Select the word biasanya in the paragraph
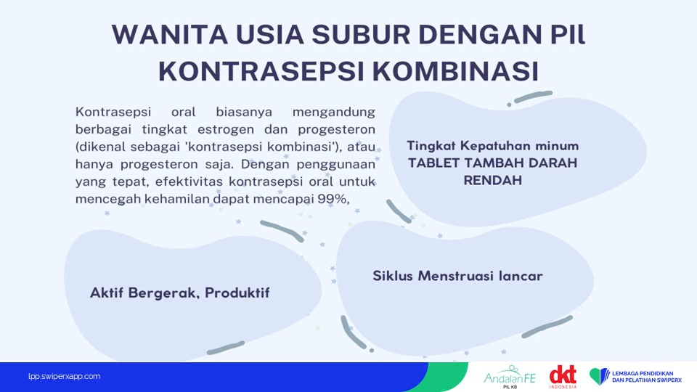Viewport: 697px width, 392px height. [x=244, y=112]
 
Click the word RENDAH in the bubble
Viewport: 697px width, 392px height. [x=492, y=181]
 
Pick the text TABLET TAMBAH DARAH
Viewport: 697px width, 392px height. [x=492, y=163]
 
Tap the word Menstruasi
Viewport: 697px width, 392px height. [x=456, y=276]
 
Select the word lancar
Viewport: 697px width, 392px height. [x=521, y=276]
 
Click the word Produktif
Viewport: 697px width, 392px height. [x=237, y=293]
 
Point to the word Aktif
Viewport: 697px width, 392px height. [x=106, y=293]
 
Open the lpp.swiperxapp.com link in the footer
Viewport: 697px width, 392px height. [x=64, y=377]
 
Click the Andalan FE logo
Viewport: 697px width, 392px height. [x=510, y=377]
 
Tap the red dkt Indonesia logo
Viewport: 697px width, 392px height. [x=563, y=377]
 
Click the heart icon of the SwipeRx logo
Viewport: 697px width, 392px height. [x=600, y=377]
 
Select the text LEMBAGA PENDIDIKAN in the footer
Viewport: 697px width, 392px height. [x=643, y=374]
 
